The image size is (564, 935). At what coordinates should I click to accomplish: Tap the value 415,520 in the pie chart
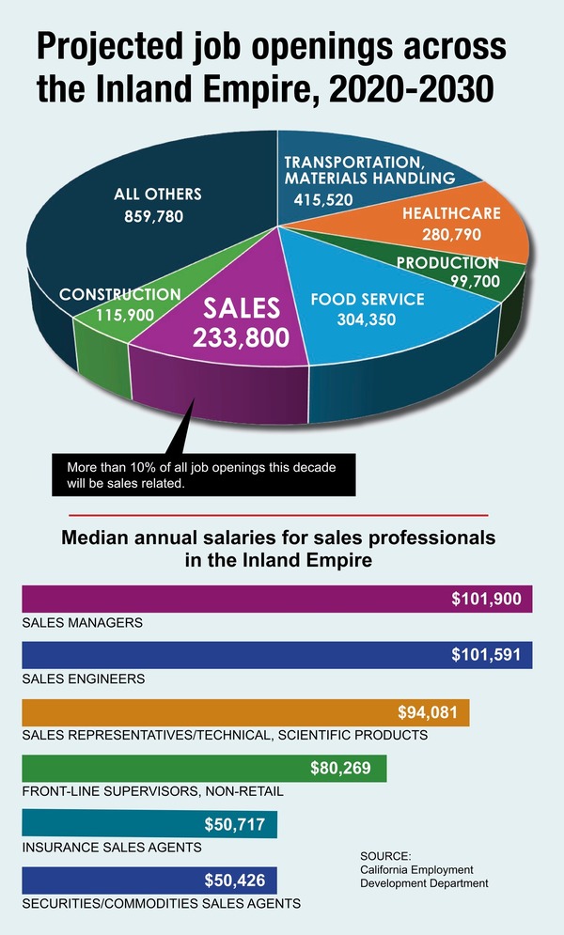[x=324, y=199]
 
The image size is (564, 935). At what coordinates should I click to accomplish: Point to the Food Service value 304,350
[x=368, y=319]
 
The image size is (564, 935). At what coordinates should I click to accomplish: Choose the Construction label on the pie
[x=120, y=295]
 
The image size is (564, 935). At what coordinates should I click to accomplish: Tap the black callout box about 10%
[x=202, y=475]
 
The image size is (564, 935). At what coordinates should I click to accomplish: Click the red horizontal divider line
[x=280, y=515]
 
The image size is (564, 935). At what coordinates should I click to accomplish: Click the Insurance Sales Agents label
[x=112, y=848]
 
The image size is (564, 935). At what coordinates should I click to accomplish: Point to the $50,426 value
[x=240, y=881]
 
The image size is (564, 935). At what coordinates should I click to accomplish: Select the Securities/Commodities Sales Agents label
[x=161, y=904]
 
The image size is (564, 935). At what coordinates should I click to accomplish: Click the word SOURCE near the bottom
[x=385, y=856]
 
